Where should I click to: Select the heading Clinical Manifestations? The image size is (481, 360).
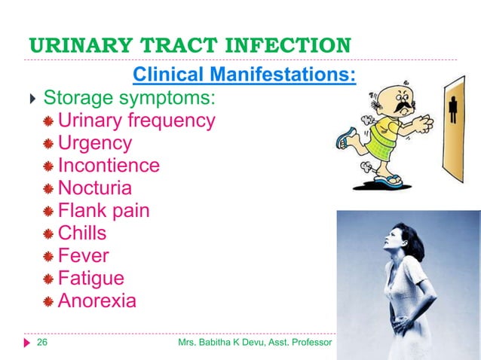pos(244,76)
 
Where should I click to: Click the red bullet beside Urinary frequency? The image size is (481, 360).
pos(49,121)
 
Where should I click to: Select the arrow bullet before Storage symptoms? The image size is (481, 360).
pos(30,99)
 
